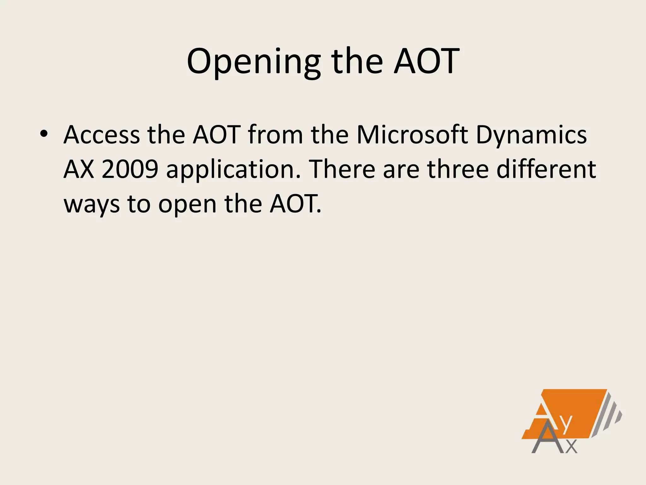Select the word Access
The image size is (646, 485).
click(102, 135)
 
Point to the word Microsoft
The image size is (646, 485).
click(412, 135)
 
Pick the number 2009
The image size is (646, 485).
click(130, 169)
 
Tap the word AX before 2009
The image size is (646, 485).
click(79, 169)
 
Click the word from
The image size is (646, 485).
click(275, 135)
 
